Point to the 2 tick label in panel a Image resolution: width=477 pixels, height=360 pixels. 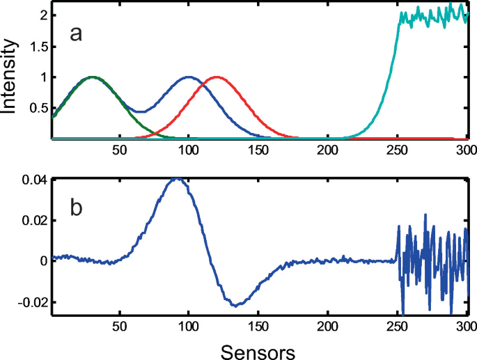click(42, 15)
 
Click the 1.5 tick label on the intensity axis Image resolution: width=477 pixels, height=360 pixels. click(36, 46)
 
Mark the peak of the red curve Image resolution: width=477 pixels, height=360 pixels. click(217, 77)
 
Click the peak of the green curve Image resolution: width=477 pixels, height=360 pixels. click(93, 77)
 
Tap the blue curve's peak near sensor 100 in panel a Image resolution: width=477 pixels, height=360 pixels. click(189, 77)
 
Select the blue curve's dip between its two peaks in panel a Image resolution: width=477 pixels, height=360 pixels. click(140, 111)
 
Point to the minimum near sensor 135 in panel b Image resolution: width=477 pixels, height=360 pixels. click(236, 306)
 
